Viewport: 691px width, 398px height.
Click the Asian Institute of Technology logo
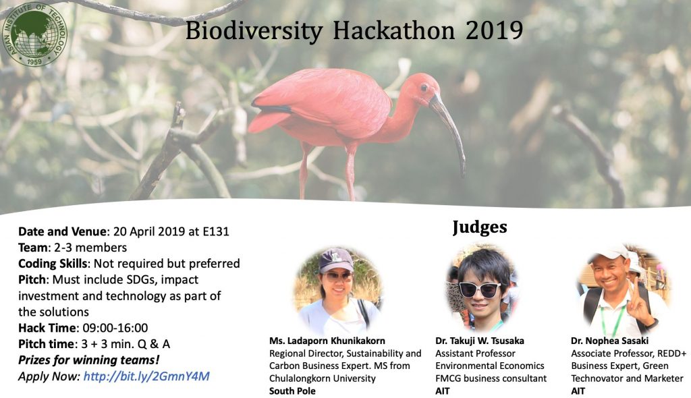[34, 34]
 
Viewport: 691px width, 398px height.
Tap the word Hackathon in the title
[393, 31]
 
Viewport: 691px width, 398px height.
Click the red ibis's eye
[424, 88]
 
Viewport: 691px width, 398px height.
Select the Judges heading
[480, 227]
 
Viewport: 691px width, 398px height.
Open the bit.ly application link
[146, 376]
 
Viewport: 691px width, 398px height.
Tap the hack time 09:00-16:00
[115, 328]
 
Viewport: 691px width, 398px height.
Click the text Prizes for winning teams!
[88, 360]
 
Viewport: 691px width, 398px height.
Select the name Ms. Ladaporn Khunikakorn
[327, 341]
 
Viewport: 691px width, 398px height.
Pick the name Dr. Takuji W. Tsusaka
[480, 341]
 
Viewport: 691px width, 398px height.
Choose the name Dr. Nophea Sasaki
[609, 341]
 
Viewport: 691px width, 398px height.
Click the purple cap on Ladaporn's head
[336, 260]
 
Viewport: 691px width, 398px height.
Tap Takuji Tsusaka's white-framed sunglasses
[480, 289]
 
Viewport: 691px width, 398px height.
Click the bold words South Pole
[292, 391]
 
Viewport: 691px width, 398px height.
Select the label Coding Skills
[53, 264]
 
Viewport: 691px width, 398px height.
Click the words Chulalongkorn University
[322, 378]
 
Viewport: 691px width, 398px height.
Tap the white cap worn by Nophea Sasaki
[610, 252]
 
